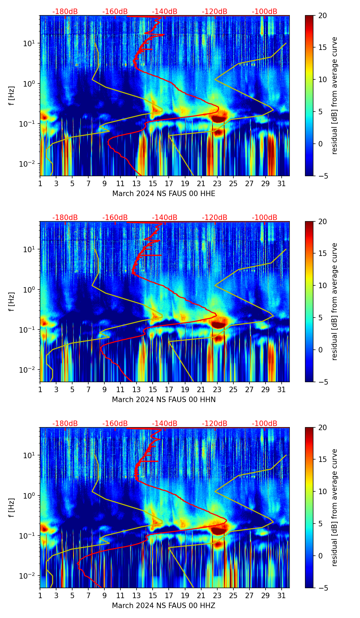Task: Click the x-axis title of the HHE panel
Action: tap(164, 194)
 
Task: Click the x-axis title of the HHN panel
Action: tap(164, 400)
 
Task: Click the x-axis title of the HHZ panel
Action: tap(164, 606)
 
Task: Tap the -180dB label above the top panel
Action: tap(65, 12)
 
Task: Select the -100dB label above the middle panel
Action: tap(265, 218)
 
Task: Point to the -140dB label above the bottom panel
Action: tap(165, 424)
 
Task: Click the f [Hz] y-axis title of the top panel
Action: tap(12, 96)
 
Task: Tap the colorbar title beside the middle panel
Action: tap(335, 301)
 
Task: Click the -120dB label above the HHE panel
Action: tap(215, 12)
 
